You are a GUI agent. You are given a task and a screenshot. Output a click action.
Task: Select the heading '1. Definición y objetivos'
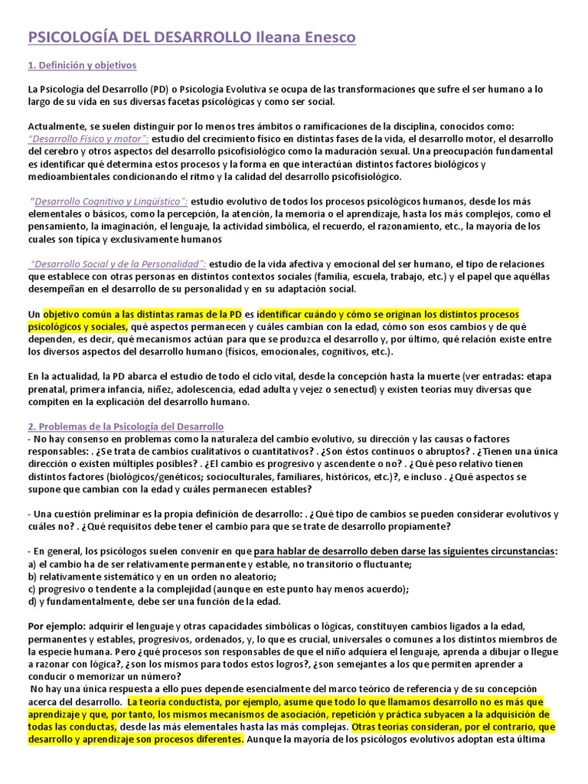coord(82,65)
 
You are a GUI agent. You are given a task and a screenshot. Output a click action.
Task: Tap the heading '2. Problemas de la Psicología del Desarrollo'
coord(126,426)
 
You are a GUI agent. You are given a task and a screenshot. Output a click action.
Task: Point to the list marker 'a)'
coord(31,564)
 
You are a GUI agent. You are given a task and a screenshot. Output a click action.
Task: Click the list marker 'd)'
coord(31,601)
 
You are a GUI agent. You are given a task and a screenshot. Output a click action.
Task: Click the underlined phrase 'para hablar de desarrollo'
coord(310,551)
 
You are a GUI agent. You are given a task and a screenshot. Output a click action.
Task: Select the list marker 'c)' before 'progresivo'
coord(31,589)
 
